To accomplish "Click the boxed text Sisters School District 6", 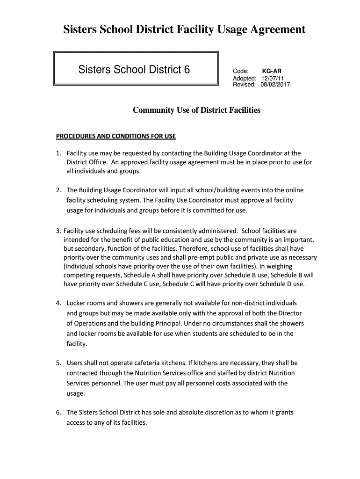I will coord(134,70).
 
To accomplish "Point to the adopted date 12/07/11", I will coord(273,78).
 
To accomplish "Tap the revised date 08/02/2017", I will coord(276,85).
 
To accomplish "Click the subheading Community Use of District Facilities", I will coord(197,110).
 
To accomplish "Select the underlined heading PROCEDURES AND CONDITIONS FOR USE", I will coord(115,137).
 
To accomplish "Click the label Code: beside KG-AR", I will coord(240,71).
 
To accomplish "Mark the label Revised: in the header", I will coord(245,85).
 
